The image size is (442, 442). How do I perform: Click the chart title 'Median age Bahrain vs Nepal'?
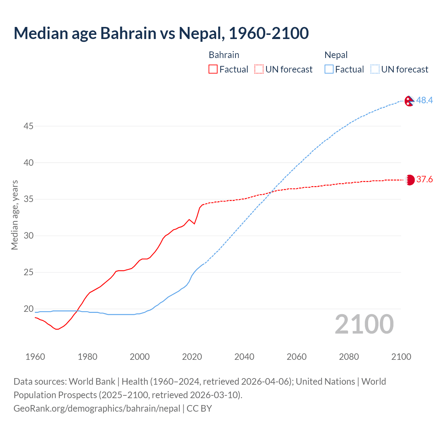point(161,33)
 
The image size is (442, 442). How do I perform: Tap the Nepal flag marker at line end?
point(409,101)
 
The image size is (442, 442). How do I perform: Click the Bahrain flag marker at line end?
point(410,180)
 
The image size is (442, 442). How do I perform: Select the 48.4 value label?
point(424,100)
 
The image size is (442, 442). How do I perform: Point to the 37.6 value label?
point(424,179)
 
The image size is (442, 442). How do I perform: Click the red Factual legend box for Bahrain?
point(213,69)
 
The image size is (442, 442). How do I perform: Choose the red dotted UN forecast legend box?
point(259,69)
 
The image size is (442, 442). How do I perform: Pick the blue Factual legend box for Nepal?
point(329,69)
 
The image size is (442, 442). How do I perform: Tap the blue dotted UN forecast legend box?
point(375,69)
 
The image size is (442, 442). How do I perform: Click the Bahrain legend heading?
point(224,55)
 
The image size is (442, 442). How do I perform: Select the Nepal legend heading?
point(336,55)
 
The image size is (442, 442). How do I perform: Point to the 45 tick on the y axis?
point(28,126)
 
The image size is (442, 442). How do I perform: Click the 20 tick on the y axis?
point(28,309)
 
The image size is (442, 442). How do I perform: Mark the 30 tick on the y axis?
point(28,236)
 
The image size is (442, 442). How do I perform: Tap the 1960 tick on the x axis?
point(35,357)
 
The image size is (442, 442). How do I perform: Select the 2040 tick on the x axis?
point(244,357)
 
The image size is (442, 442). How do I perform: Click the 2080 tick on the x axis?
point(349,357)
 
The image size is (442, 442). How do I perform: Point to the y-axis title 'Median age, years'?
point(15,215)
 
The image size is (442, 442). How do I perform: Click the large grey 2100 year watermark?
point(364,324)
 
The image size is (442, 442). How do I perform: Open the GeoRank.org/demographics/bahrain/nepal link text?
point(97,409)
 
